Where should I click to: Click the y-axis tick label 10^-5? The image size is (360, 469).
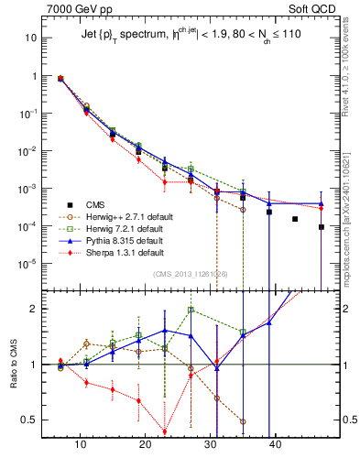pyautogui.click(x=29, y=264)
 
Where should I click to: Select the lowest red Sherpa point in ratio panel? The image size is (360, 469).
pyautogui.click(x=164, y=432)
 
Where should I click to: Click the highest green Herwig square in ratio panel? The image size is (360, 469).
pyautogui.click(x=191, y=310)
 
